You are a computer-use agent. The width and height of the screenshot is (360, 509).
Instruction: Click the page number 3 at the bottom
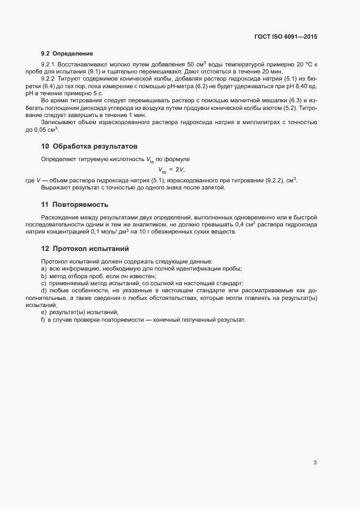pos(315,463)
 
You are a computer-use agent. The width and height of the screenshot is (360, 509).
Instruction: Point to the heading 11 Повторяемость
pos(75,205)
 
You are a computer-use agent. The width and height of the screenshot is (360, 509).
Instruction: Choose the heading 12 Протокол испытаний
pos(84,249)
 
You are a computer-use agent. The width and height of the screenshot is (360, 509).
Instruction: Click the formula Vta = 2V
pos(172,170)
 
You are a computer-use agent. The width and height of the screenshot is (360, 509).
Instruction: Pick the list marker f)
pos(43,320)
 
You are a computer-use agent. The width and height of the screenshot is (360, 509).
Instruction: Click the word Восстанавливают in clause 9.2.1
pos(84,65)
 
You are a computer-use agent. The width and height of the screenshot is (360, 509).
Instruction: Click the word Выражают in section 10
pos(56,188)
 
